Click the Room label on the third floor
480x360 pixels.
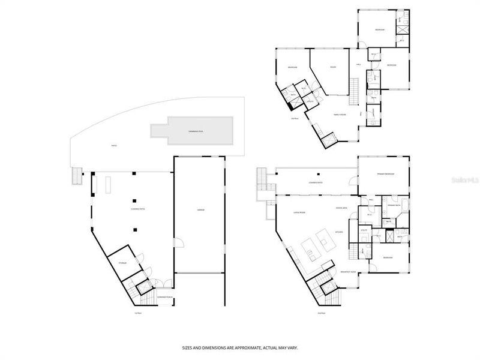click(x=332, y=67)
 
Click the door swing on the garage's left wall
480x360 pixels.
click(x=178, y=242)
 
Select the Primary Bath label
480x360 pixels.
click(x=394, y=205)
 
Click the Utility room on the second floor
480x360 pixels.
click(x=364, y=230)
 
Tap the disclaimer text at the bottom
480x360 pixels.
click(x=239, y=347)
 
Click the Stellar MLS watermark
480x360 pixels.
click(x=465, y=178)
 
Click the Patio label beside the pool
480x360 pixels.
click(x=113, y=145)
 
